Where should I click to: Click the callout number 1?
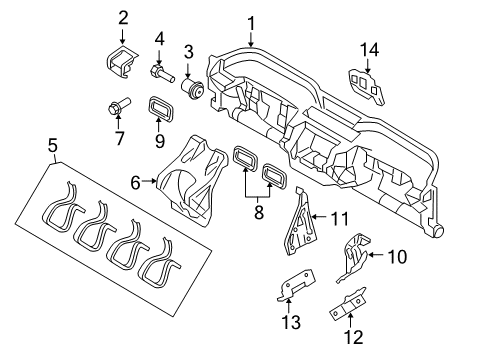pyautogui.click(x=251, y=22)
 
